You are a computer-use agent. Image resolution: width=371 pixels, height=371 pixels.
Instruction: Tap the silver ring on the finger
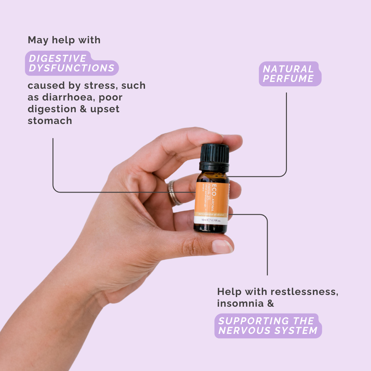[x=174, y=193]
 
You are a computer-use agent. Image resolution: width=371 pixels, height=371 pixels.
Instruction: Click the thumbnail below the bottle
[x=222, y=246]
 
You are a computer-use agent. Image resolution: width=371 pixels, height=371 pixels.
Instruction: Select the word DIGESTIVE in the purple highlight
[x=58, y=58]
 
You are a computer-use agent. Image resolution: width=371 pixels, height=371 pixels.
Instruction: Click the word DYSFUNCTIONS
[x=72, y=68]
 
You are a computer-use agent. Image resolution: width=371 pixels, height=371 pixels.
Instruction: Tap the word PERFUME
[x=288, y=79]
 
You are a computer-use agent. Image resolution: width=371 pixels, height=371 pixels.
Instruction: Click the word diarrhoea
[x=67, y=97]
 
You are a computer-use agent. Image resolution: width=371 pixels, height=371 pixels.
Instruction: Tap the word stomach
[x=50, y=121]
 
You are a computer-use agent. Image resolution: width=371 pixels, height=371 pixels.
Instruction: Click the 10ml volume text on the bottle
[x=204, y=220]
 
